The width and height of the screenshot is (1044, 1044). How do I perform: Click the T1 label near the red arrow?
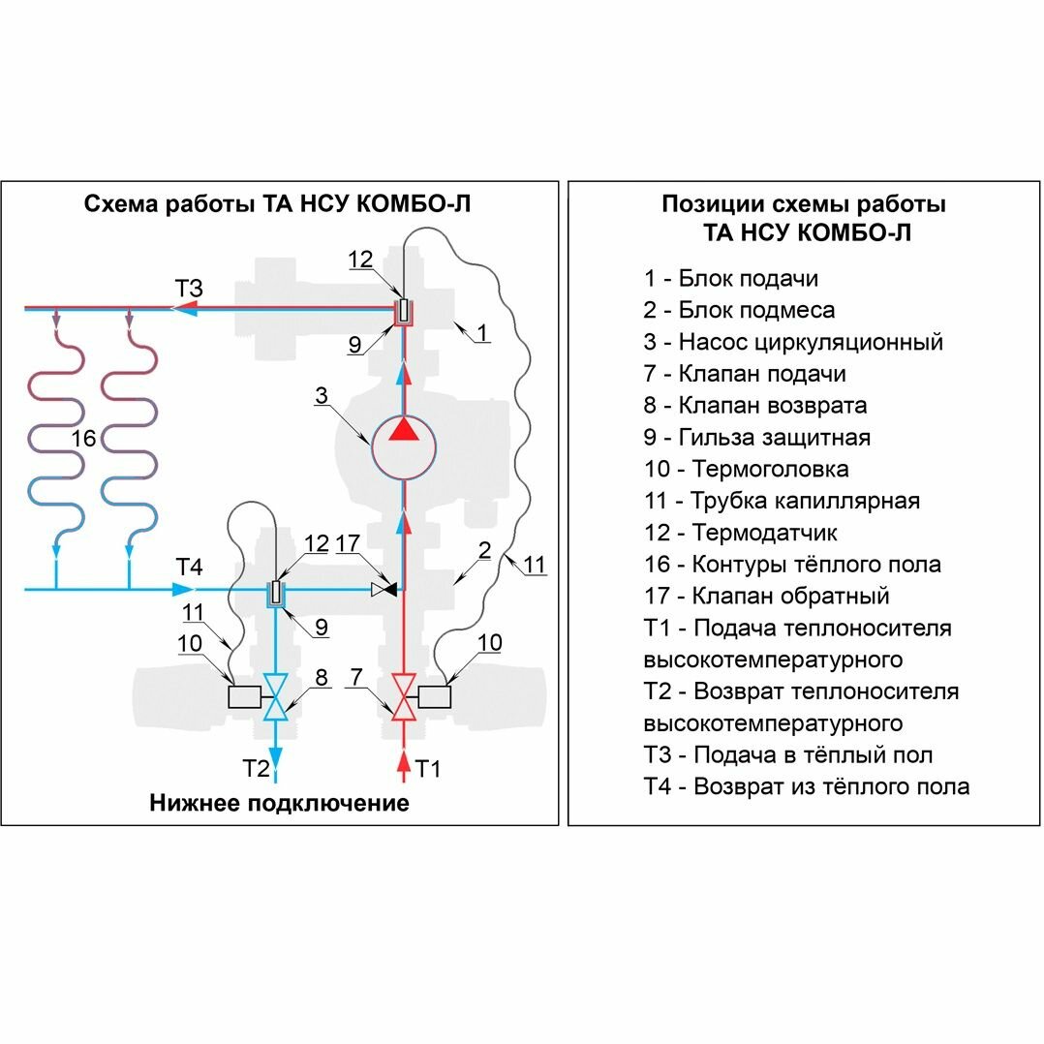428,769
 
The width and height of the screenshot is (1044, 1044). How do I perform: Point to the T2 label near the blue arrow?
256,769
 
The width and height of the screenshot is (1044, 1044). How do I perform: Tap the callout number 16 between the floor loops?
84,439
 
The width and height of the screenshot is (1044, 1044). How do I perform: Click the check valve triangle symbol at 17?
385,588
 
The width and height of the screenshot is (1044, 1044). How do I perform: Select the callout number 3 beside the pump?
322,395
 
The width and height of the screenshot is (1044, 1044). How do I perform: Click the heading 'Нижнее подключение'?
279,803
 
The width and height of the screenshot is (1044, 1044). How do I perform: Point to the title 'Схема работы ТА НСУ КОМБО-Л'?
279,204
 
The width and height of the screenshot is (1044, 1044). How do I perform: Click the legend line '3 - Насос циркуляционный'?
793,342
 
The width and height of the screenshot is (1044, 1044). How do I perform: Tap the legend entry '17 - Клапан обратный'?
766,597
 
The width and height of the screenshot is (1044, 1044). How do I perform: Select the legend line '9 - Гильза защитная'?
756,438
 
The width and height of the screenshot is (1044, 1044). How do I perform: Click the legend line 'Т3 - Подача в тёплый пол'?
788,755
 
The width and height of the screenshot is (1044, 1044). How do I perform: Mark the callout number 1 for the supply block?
482,332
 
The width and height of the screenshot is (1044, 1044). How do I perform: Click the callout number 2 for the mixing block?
484,550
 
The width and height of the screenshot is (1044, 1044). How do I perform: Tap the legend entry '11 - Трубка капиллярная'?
782,502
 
